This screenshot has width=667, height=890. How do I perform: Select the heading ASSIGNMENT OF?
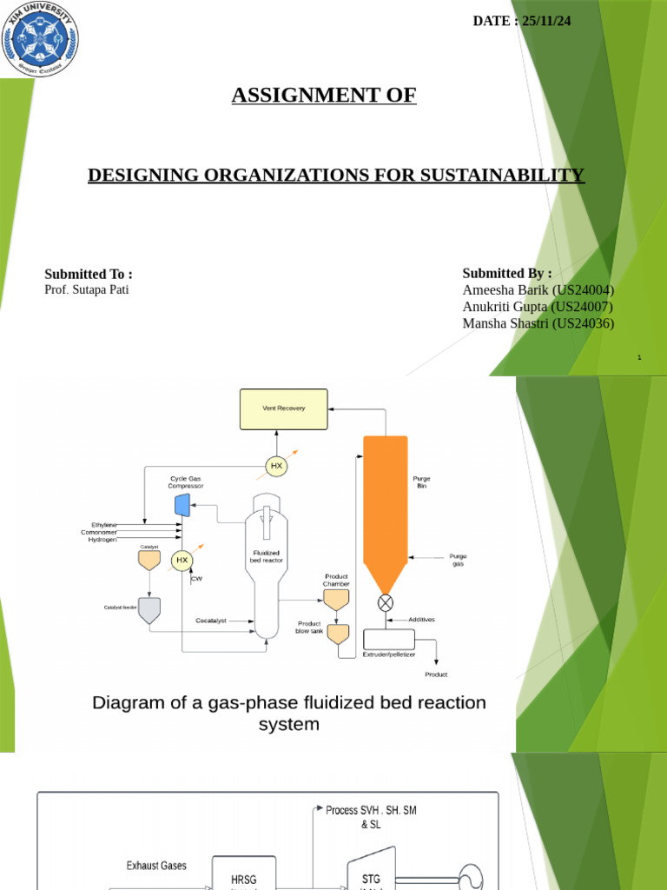pyautogui.click(x=324, y=96)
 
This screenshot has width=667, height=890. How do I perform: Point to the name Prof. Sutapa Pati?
pyautogui.click(x=86, y=289)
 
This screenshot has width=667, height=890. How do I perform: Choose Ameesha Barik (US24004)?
pyautogui.click(x=538, y=290)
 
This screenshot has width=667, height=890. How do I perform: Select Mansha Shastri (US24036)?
pyautogui.click(x=538, y=323)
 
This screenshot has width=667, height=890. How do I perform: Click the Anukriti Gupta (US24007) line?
pyautogui.click(x=538, y=307)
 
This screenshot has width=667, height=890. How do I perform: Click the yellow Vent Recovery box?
pyautogui.click(x=284, y=408)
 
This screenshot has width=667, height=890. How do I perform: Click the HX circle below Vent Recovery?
pyautogui.click(x=277, y=467)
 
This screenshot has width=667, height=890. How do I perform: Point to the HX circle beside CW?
pyautogui.click(x=182, y=561)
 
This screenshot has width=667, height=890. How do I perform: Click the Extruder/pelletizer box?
pyautogui.click(x=388, y=641)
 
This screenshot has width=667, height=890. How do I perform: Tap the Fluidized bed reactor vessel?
pyautogui.click(x=266, y=574)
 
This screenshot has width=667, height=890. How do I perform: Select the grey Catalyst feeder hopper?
pyautogui.click(x=149, y=611)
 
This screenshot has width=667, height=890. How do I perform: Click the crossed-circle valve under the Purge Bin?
pyautogui.click(x=386, y=602)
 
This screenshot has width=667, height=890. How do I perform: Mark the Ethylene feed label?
pyautogui.click(x=104, y=525)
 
